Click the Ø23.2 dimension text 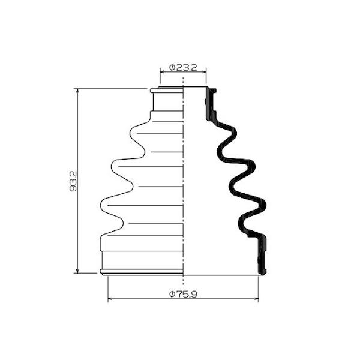click(183, 68)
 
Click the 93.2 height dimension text click(73, 181)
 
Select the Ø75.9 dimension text click(183, 294)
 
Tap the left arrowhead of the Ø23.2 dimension click(162, 72)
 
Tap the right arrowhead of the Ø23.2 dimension click(205, 72)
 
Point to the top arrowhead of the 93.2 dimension click(77, 91)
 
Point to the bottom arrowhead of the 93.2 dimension click(77, 271)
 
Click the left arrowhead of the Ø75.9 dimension click(110, 298)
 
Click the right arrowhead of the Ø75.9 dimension click(256, 298)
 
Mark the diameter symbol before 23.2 click(172, 68)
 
